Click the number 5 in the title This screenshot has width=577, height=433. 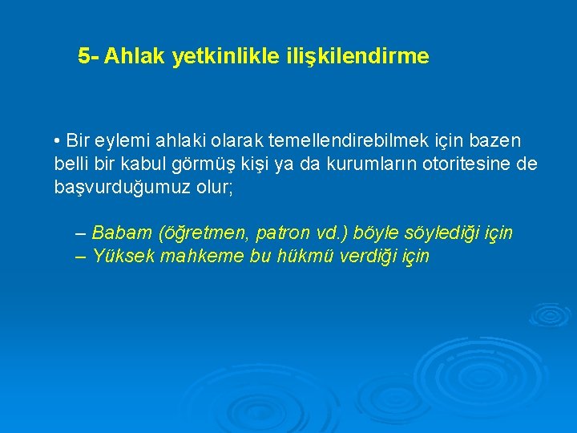point(84,57)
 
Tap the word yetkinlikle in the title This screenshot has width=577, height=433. point(225,57)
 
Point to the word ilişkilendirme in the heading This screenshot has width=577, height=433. point(357,57)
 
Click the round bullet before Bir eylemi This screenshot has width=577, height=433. point(58,142)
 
